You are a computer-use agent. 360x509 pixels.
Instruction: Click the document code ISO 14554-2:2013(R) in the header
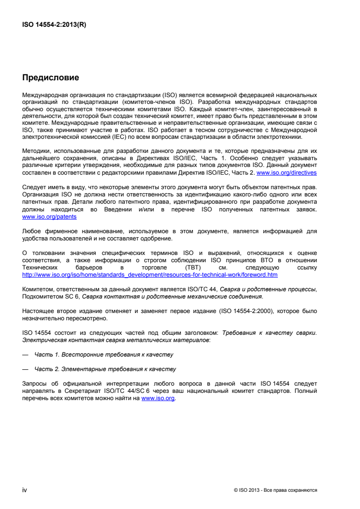(x=54, y=25)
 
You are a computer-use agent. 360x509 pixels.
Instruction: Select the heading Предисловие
(x=50, y=78)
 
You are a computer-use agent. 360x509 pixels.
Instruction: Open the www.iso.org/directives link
(x=286, y=173)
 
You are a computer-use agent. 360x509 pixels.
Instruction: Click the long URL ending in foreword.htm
(x=150, y=274)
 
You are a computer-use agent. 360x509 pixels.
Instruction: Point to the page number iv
(x=25, y=490)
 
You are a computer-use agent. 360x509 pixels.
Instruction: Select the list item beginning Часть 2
(x=105, y=369)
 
